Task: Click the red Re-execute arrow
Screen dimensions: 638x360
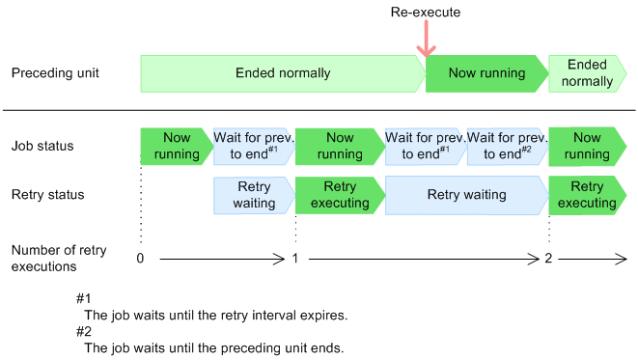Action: pos(426,39)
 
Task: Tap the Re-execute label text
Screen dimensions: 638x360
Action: pos(426,13)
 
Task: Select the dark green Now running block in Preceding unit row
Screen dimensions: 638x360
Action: pos(487,73)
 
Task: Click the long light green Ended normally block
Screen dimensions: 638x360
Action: pos(283,73)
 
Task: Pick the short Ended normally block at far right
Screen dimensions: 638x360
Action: pos(587,73)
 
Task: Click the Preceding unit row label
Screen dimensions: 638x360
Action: pos(55,73)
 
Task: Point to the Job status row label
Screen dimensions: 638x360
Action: pos(42,146)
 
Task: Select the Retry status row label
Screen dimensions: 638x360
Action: pos(47,194)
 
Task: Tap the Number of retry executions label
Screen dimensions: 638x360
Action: pos(59,259)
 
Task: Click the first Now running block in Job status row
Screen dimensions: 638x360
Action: pos(177,147)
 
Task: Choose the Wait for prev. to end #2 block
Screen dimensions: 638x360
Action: pos(508,147)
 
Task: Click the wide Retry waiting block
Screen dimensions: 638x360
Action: pos(467,195)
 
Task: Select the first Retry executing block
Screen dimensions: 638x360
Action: pos(340,195)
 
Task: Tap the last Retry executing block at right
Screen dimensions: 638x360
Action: pos(587,195)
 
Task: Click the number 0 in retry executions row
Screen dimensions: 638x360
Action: pos(140,259)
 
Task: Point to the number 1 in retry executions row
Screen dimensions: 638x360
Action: pos(295,259)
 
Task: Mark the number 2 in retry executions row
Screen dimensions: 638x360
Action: pos(548,259)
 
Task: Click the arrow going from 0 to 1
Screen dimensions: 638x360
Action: pos(222,259)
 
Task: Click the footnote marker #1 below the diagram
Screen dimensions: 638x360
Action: pos(83,299)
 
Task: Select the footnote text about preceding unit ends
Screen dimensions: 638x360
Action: pos(214,348)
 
